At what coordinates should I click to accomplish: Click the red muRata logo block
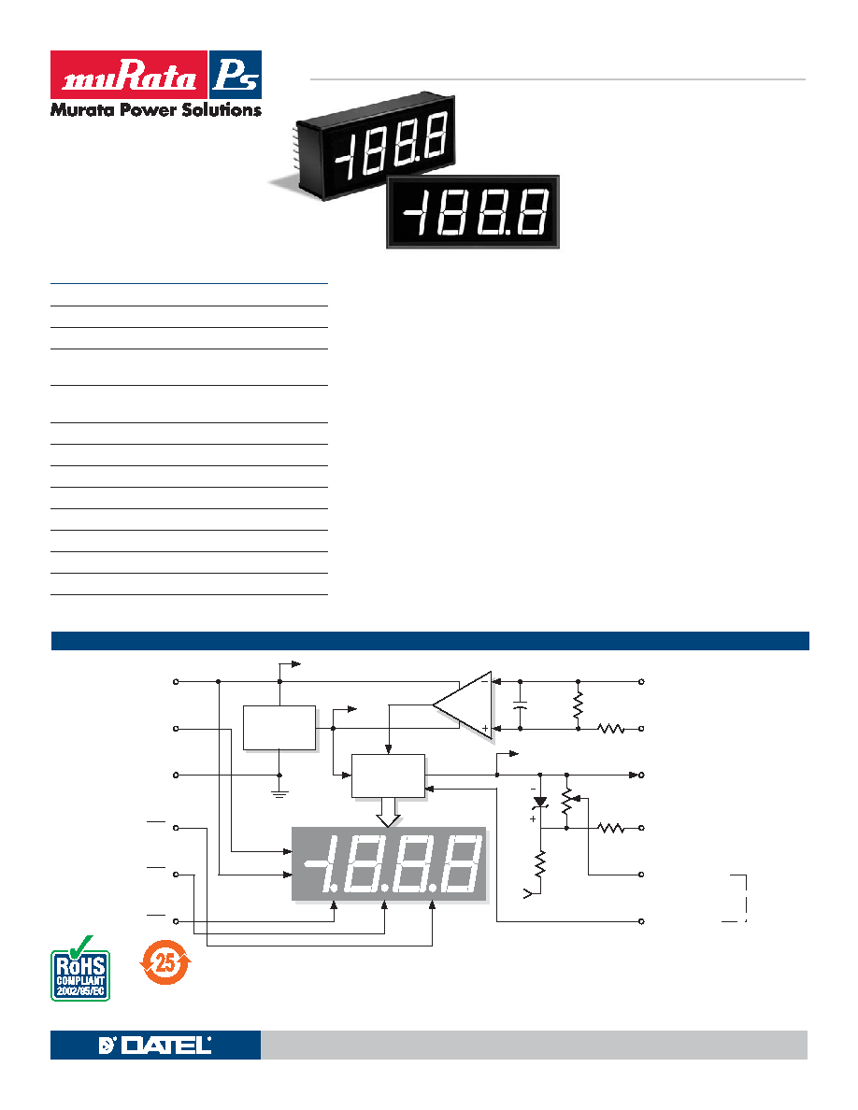point(129,75)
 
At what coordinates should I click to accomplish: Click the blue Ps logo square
point(236,75)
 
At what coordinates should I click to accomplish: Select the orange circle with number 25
point(164,962)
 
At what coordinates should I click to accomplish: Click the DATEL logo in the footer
point(155,1045)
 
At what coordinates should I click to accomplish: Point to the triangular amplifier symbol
point(463,705)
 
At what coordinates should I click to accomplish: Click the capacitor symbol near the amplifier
point(521,705)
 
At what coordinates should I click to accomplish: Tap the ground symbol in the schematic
point(279,792)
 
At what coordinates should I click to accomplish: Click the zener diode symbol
point(540,802)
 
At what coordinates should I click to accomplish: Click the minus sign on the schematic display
point(314,863)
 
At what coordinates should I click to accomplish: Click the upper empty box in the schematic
point(279,728)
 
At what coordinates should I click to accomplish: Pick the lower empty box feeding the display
point(389,776)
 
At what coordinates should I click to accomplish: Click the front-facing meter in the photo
point(473,212)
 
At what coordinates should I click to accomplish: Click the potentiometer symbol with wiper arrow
point(567,801)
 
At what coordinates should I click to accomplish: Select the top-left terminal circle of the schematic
point(176,682)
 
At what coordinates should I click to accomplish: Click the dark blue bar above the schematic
point(430,641)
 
